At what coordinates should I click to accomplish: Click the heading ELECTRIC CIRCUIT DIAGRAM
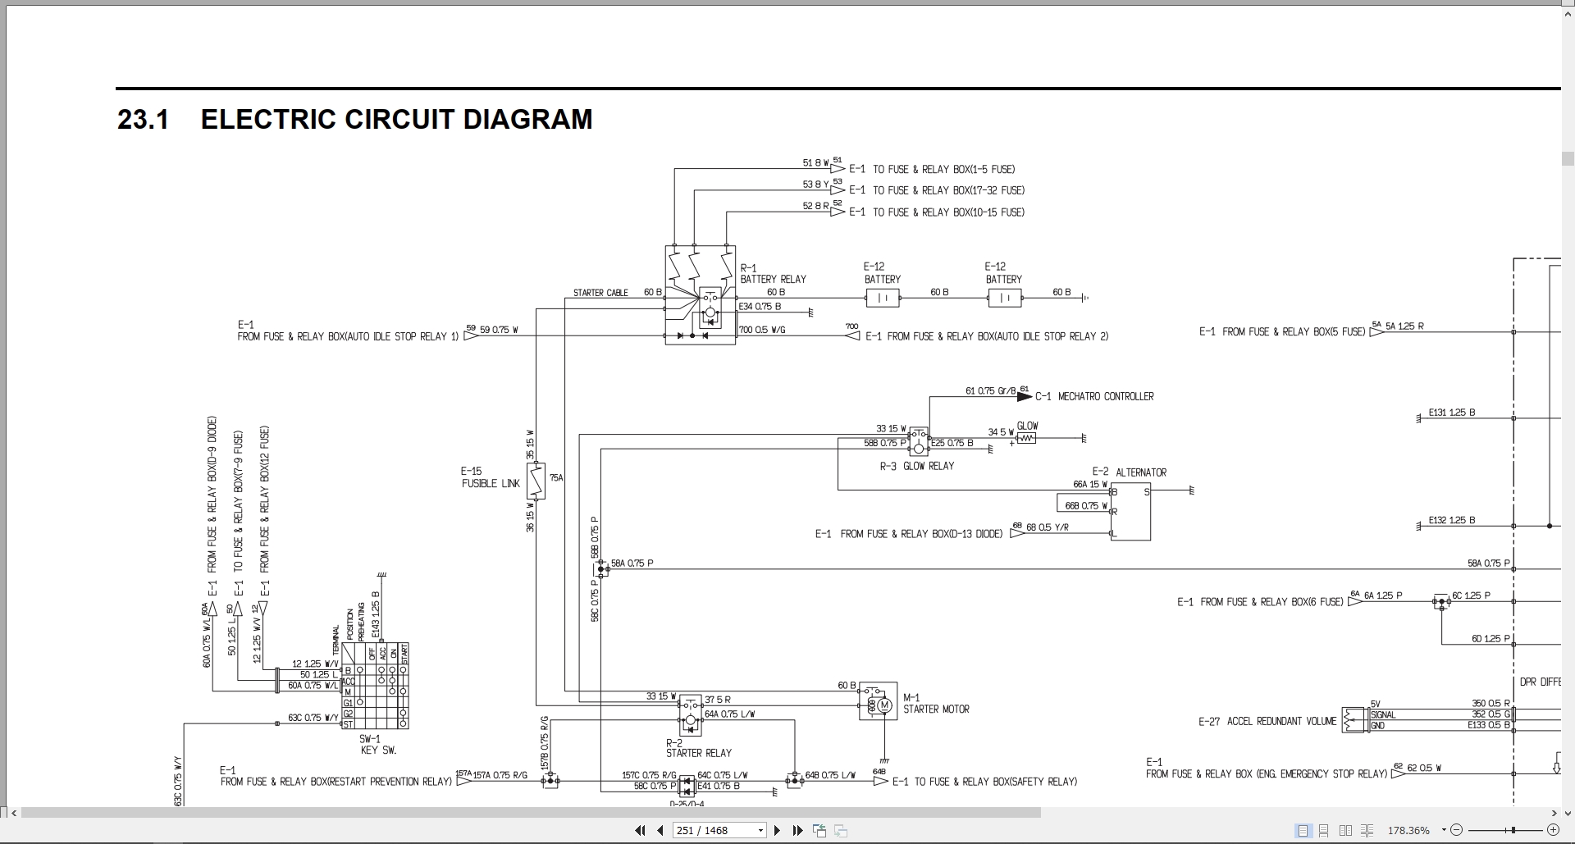pyautogui.click(x=396, y=120)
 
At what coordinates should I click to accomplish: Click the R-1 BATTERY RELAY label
pyautogui.click(x=773, y=274)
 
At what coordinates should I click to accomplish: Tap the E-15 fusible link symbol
pyautogui.click(x=535, y=481)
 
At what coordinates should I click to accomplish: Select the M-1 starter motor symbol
pyautogui.click(x=879, y=703)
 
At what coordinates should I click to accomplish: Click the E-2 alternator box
pyautogui.click(x=1130, y=512)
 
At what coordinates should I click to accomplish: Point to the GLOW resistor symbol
pyautogui.click(x=1025, y=438)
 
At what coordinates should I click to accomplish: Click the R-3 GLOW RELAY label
pyautogui.click(x=917, y=466)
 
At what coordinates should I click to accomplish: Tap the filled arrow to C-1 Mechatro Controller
pyautogui.click(x=1024, y=396)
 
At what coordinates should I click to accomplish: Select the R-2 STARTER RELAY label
pyautogui.click(x=698, y=747)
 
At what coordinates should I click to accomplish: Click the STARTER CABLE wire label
pyautogui.click(x=600, y=293)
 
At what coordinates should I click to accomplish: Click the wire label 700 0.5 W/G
pyautogui.click(x=762, y=330)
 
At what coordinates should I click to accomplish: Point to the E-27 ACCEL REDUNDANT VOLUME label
pyautogui.click(x=1267, y=722)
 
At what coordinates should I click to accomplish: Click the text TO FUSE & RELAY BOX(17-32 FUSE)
pyautogui.click(x=947, y=190)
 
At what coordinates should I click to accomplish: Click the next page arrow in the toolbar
pyautogui.click(x=777, y=831)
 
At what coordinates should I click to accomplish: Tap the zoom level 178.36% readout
pyautogui.click(x=1408, y=831)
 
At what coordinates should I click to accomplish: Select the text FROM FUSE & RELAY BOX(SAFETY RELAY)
pyautogui.click(x=984, y=782)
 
